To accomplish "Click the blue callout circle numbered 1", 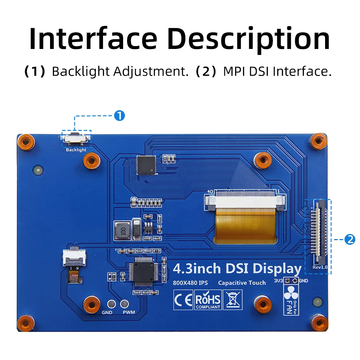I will tap(119, 116).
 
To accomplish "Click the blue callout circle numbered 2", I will tap(350, 239).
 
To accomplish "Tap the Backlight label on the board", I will tap(76, 150).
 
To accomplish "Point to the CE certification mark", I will tap(183, 300).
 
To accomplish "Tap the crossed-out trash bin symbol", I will tap(233, 300).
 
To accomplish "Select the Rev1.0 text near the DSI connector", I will tap(320, 267).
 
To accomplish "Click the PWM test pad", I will tap(125, 304).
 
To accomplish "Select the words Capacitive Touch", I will tap(242, 283).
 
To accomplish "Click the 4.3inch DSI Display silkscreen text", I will tap(237, 269).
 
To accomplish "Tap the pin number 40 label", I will tap(210, 192).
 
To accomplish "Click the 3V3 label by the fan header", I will tap(279, 281).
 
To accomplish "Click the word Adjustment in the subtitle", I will tap(151, 71).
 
